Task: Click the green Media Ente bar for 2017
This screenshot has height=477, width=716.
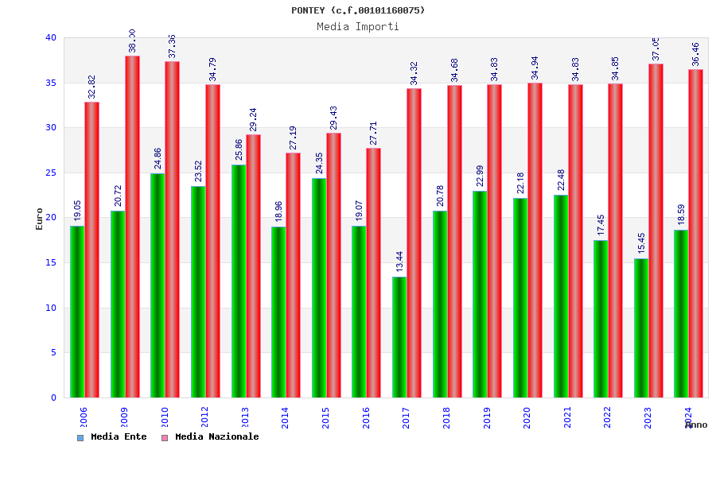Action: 399,337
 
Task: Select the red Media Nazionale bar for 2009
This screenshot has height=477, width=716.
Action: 132,227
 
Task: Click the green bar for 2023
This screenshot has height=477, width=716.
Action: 641,328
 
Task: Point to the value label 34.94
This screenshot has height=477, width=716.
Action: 535,68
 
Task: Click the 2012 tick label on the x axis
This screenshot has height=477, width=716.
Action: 204,417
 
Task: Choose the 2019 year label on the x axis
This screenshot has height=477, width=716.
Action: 486,417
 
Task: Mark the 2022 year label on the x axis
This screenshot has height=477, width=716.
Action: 607,417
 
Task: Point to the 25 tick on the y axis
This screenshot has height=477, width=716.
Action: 51,173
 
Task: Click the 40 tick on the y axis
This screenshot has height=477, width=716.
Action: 51,37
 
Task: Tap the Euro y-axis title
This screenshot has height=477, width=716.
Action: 40,219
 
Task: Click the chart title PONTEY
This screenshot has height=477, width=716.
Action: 358,10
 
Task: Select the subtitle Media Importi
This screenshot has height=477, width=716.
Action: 358,26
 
